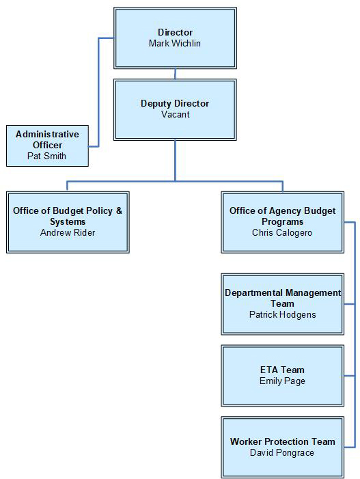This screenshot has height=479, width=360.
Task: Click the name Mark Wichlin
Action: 175,43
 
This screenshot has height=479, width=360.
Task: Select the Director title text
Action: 175,32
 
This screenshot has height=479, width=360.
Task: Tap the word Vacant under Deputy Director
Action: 175,114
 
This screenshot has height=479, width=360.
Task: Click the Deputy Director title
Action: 175,103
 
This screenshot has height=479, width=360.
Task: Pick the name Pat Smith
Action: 47,156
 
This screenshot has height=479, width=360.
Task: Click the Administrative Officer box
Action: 47,145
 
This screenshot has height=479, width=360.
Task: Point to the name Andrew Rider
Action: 68,232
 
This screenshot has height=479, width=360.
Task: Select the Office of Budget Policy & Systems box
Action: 68,222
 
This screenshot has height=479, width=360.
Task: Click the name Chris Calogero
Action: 282,232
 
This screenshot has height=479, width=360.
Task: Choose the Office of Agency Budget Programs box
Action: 282,222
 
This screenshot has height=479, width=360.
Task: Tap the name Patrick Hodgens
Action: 282,314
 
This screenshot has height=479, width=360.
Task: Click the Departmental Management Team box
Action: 282,303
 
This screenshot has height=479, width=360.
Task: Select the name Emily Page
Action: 282,381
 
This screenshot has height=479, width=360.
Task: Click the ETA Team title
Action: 282,370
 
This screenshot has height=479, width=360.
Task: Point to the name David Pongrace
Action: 282,452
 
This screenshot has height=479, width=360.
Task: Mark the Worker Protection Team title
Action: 282,441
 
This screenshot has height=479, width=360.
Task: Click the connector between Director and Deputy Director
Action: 175,74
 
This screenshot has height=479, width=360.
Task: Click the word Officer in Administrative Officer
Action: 47,145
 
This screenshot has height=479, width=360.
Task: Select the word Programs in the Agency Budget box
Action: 282,221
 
